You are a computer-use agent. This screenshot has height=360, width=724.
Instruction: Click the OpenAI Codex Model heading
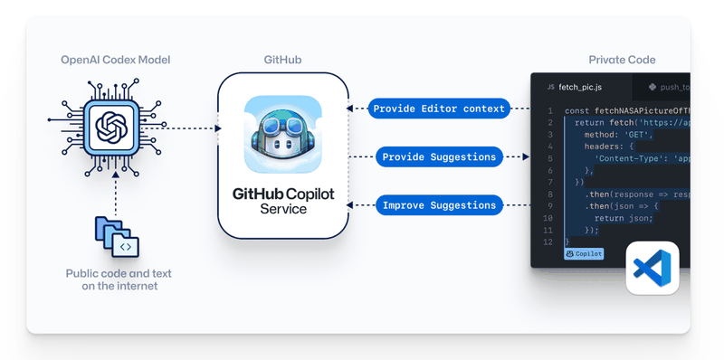click(x=115, y=60)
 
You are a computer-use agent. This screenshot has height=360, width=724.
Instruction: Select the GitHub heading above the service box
click(x=282, y=60)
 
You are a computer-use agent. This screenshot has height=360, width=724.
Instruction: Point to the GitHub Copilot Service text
click(x=282, y=201)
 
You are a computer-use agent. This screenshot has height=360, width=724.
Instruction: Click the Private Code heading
click(x=622, y=60)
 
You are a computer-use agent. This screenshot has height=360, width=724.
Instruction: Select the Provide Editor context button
click(x=439, y=109)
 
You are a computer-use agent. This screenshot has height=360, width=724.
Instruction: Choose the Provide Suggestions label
click(x=439, y=156)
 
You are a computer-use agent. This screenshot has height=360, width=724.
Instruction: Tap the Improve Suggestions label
click(x=439, y=205)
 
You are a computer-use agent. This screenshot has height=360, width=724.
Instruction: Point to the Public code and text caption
click(x=118, y=279)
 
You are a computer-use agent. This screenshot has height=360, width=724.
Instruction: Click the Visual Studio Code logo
click(x=652, y=268)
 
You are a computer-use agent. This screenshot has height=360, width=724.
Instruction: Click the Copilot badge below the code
click(x=584, y=255)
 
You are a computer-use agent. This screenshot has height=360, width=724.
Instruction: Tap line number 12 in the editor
click(x=549, y=242)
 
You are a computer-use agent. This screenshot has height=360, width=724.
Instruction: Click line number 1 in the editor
click(x=550, y=110)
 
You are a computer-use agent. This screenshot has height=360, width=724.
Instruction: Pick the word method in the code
click(x=603, y=133)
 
